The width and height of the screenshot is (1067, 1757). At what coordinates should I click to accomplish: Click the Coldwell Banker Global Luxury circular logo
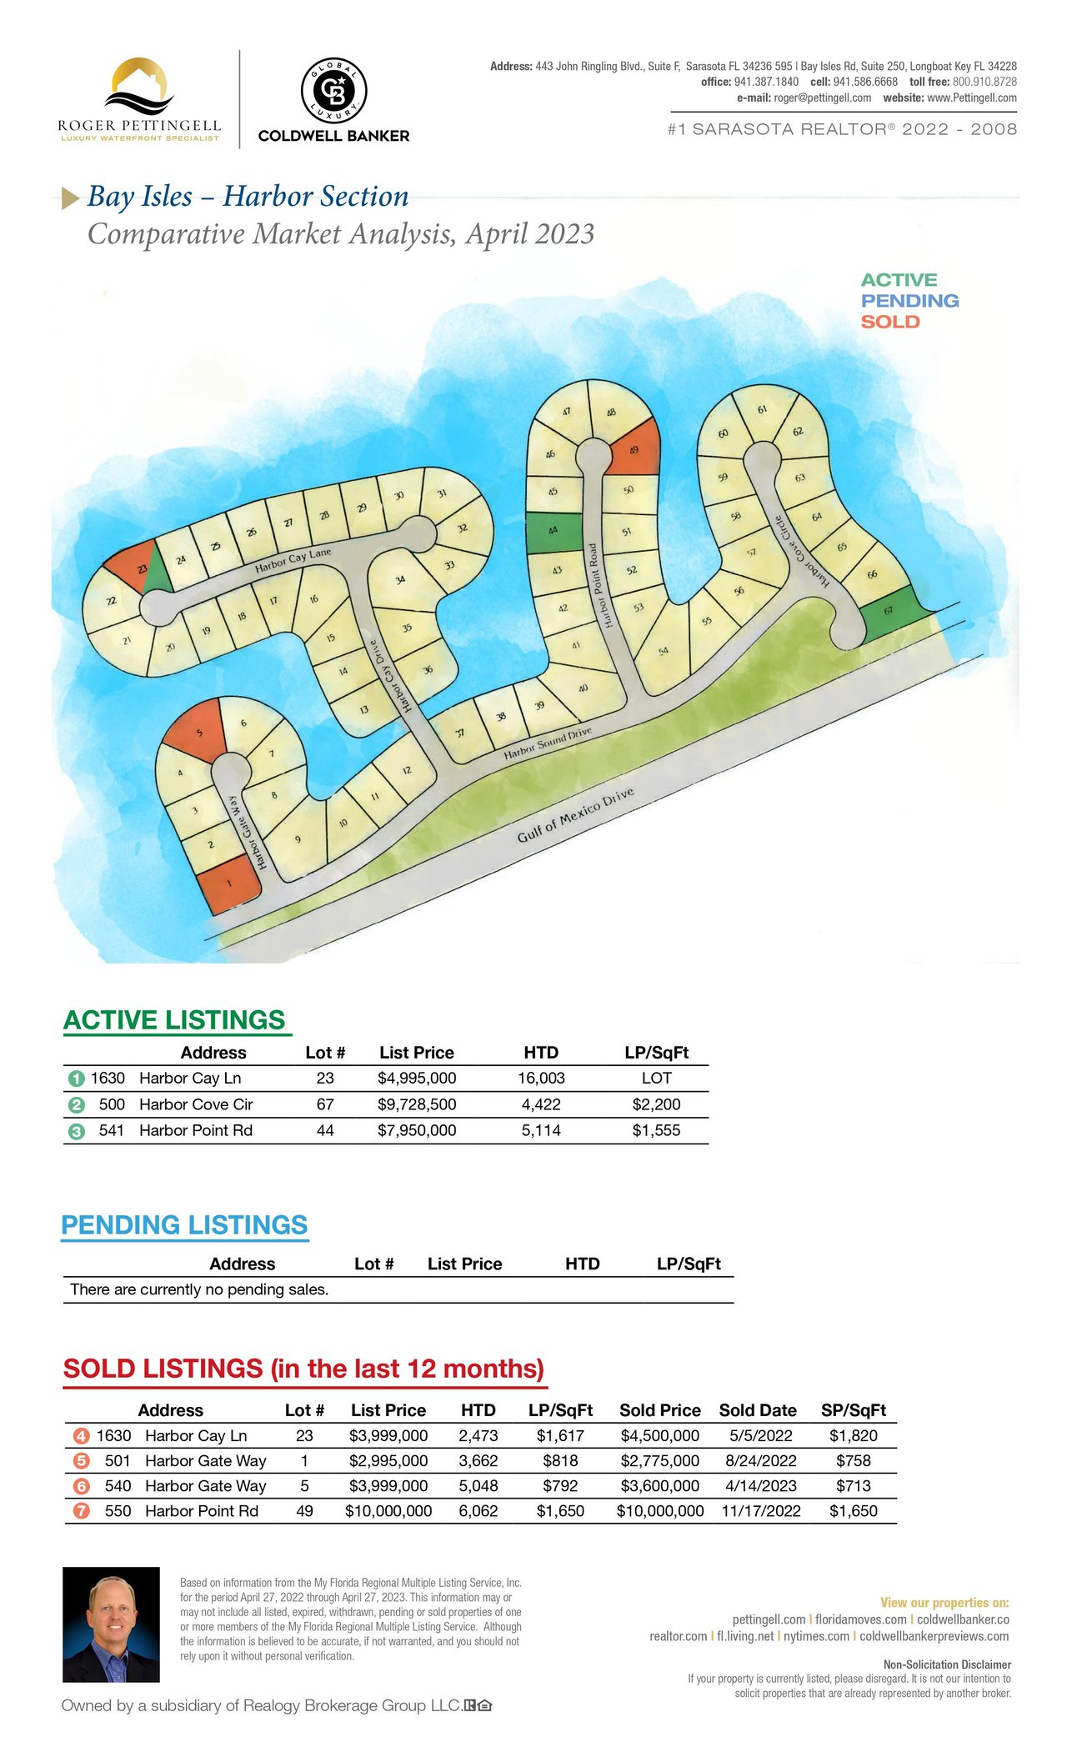(333, 91)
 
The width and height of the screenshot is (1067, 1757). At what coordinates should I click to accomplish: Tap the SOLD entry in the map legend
(890, 322)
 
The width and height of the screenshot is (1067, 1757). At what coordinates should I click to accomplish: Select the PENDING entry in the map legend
(910, 301)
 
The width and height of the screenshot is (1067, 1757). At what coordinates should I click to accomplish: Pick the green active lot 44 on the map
(554, 532)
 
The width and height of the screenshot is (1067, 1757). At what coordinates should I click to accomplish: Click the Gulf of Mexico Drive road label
(575, 814)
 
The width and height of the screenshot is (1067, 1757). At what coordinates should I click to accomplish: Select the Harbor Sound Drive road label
(548, 743)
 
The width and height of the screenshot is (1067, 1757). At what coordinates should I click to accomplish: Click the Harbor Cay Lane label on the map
(293, 560)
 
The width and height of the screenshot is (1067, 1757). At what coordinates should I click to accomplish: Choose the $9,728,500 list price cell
(417, 1104)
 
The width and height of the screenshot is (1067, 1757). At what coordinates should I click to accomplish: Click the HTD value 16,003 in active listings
(541, 1079)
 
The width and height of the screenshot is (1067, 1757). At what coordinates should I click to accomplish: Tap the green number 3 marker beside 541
(77, 1132)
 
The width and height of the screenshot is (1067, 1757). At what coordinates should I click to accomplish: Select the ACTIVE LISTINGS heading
(174, 1020)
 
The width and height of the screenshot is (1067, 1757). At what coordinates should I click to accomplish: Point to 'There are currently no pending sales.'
(199, 1289)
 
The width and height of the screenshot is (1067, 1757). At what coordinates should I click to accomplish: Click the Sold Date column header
(758, 1410)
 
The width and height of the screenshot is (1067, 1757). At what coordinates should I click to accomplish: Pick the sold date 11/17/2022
(761, 1511)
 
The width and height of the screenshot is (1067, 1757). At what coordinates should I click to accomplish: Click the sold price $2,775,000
(660, 1461)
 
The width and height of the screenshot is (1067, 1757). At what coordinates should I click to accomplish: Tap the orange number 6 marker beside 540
(81, 1486)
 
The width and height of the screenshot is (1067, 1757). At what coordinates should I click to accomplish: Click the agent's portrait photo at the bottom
(111, 1624)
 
